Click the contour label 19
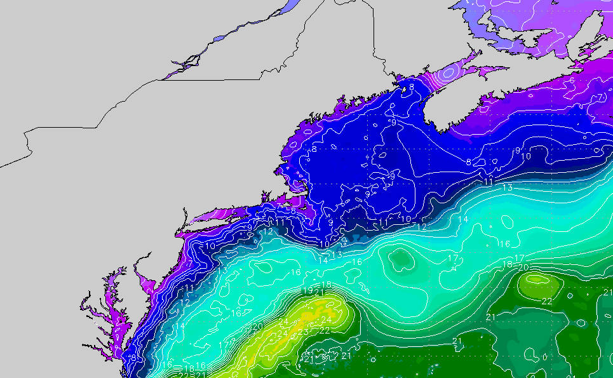pos(307,291)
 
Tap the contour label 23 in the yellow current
pos(303,332)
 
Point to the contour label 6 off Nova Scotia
pos(572,80)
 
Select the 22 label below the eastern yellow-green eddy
pos(546,301)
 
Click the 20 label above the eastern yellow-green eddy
pos(523,267)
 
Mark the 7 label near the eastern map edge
pos(600,97)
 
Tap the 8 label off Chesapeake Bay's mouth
pos(133,358)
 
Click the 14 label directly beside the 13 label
pos(323,260)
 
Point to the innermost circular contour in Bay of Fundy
pos(448,72)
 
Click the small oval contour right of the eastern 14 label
pos(506,222)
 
